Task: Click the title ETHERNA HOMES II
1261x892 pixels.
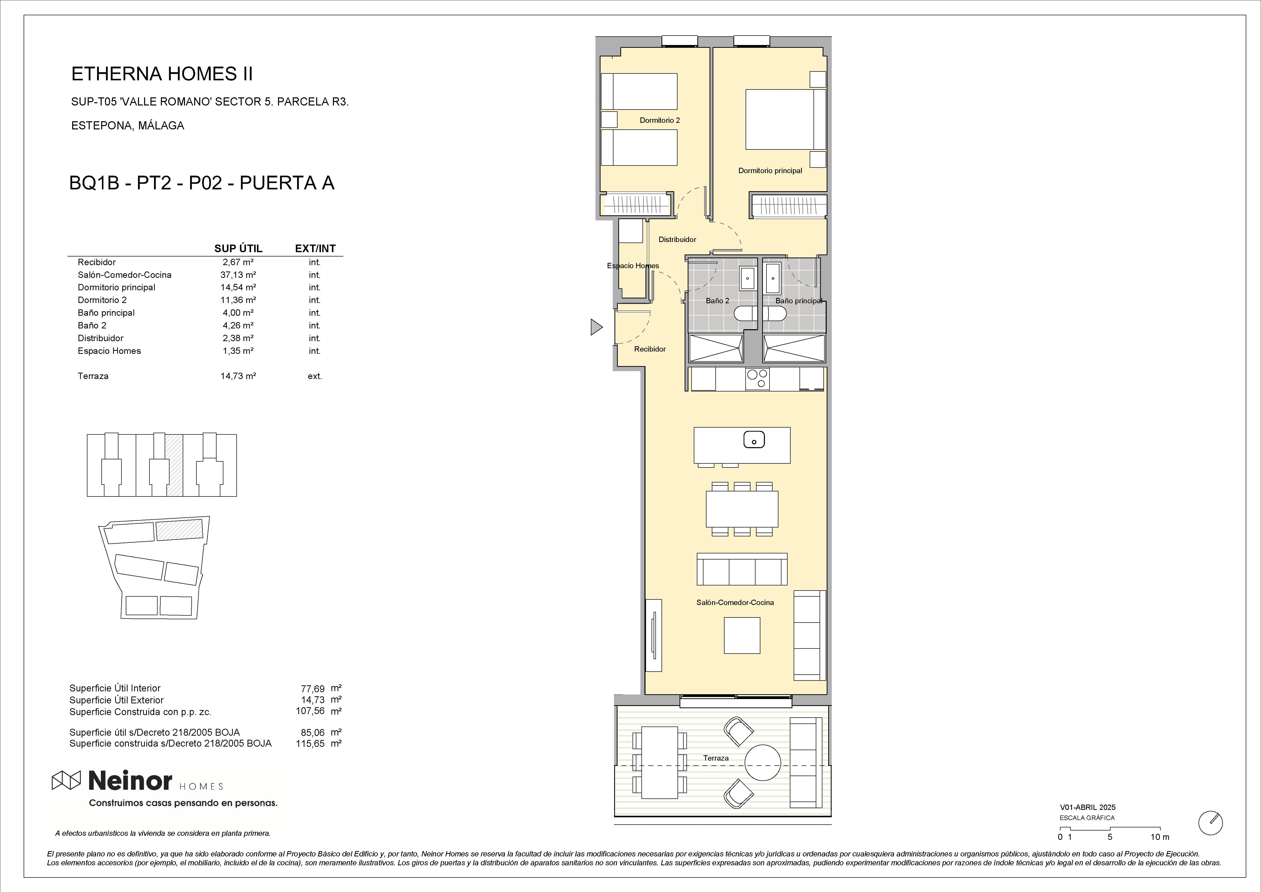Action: point(162,74)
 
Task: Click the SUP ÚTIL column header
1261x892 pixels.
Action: point(238,248)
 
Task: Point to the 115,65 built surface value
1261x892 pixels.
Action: point(310,744)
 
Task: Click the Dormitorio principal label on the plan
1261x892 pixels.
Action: point(770,171)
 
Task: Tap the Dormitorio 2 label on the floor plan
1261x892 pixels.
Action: point(660,120)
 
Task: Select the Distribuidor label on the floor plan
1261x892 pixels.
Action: point(677,239)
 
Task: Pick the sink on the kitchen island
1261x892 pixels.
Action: point(754,440)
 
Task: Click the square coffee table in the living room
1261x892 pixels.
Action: point(742,636)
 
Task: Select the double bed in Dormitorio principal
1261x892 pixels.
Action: point(785,119)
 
